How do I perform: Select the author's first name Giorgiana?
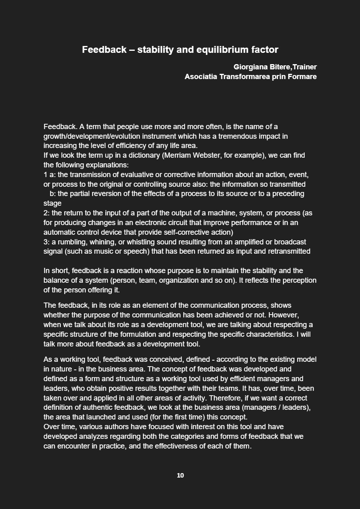pos(250,67)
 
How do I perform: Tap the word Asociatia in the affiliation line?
pos(201,77)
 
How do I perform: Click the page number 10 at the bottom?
pos(180,476)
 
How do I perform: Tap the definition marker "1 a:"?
pos(50,175)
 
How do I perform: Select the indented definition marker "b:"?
pos(52,194)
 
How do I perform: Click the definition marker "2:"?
pos(46,213)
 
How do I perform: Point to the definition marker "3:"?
pos(46,242)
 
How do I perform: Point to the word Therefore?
pos(226,398)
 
